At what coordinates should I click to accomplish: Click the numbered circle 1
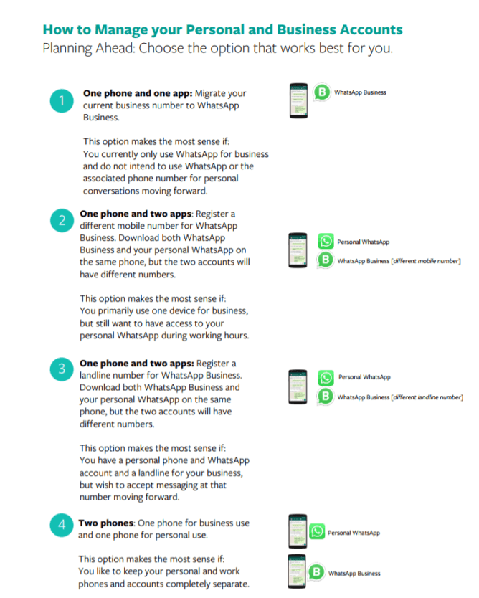click(x=62, y=101)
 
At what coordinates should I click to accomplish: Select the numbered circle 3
click(x=62, y=370)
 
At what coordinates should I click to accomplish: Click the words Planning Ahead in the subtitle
click(x=83, y=49)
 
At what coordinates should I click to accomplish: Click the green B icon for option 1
click(x=322, y=92)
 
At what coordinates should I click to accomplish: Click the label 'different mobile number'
click(x=424, y=261)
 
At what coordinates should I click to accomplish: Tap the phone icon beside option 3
click(x=298, y=387)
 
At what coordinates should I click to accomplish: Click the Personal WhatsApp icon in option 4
click(x=317, y=532)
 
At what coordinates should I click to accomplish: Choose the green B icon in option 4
click(x=317, y=573)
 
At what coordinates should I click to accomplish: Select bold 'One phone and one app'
click(x=136, y=93)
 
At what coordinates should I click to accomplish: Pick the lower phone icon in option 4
click(x=296, y=572)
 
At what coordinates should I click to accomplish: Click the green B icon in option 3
click(x=326, y=397)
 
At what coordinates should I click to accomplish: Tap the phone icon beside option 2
click(x=298, y=251)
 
